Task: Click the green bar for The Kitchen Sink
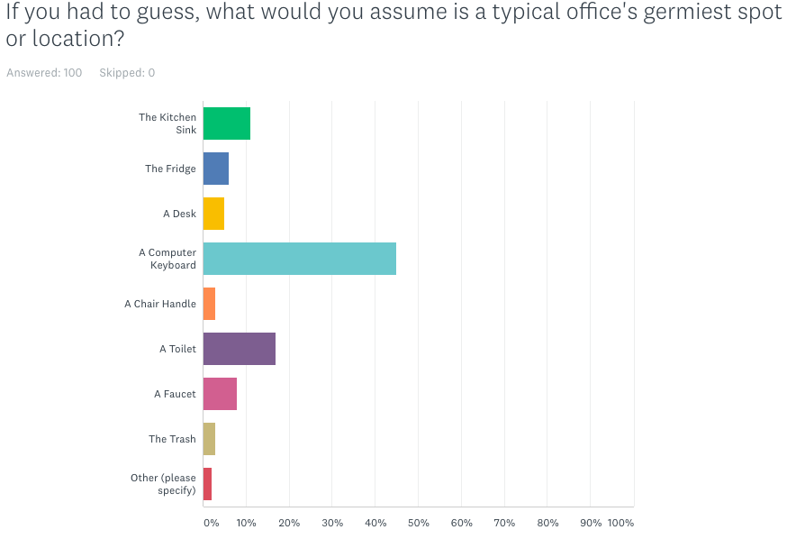(226, 123)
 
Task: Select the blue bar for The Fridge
(216, 169)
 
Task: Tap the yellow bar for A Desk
(213, 214)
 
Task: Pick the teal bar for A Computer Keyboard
(299, 259)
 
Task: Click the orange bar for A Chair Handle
(209, 304)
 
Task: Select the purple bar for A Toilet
(239, 349)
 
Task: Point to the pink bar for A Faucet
(220, 394)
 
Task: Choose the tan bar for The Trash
(209, 439)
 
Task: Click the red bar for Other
(207, 484)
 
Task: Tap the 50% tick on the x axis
(418, 523)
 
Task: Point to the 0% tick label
(210, 523)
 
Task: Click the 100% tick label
(620, 523)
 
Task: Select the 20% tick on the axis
(288, 523)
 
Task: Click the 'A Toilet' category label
(177, 349)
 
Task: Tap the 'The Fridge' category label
(170, 169)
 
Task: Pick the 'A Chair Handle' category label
(160, 304)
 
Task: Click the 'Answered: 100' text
(44, 73)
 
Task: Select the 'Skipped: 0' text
(127, 73)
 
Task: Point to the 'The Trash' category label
(172, 439)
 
